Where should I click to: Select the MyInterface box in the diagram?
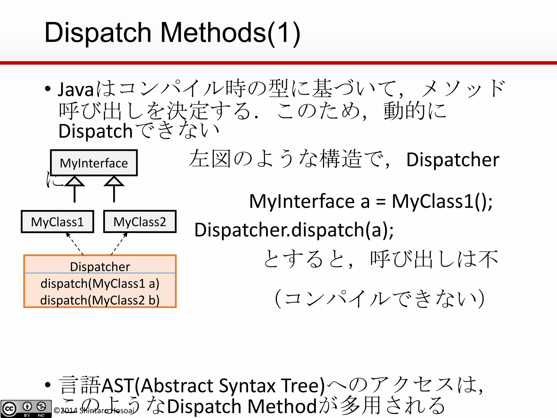(94, 163)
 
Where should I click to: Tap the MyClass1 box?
(57, 222)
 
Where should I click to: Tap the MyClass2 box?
(140, 222)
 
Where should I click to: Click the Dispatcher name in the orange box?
(100, 266)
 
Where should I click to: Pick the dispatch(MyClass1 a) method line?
(100, 284)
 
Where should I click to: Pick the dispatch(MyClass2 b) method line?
(100, 300)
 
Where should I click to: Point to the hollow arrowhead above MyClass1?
(75, 182)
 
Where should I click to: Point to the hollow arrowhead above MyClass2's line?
(114, 182)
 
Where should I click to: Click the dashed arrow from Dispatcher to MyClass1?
(75, 244)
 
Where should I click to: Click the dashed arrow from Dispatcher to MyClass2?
(119, 244)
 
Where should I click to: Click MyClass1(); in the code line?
(442, 201)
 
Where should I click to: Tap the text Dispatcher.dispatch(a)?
(294, 230)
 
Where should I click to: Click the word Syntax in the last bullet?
(247, 386)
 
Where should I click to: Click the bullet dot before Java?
(48, 89)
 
